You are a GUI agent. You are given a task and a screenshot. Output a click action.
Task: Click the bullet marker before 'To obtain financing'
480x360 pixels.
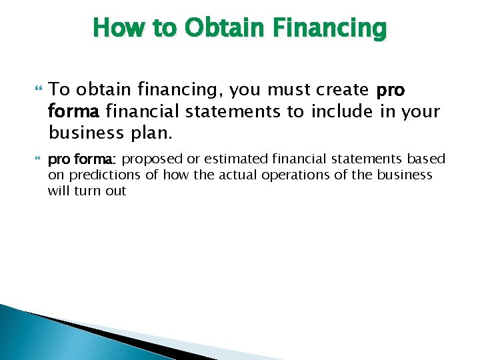(x=37, y=89)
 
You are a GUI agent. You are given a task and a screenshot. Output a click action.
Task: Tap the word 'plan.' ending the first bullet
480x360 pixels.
(x=151, y=133)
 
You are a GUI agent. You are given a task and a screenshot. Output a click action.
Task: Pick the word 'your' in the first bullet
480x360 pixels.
(x=418, y=111)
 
